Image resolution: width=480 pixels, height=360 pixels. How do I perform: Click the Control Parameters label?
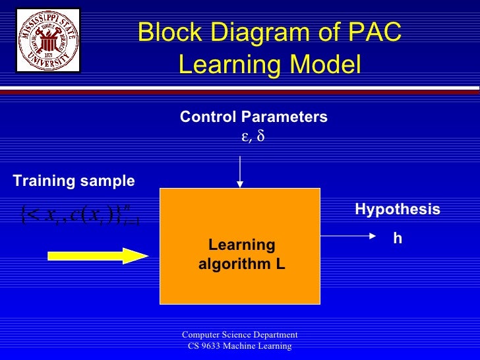point(253,117)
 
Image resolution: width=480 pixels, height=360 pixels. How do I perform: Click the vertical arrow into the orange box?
point(240,171)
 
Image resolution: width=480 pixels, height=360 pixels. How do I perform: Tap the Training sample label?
point(74,181)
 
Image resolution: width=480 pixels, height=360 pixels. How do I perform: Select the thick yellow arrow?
point(98,255)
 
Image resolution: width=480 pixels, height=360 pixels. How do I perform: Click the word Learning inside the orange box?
point(241,245)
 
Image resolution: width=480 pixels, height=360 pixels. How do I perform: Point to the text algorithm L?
point(241,265)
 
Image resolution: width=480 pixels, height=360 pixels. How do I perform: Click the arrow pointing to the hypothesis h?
point(345,234)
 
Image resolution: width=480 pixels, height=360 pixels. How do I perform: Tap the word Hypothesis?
point(397,210)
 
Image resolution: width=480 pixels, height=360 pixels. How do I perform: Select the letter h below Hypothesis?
point(397,239)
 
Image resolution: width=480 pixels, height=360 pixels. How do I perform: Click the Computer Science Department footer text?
point(240,335)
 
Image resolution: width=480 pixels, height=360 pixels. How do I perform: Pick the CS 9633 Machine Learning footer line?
point(240,347)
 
